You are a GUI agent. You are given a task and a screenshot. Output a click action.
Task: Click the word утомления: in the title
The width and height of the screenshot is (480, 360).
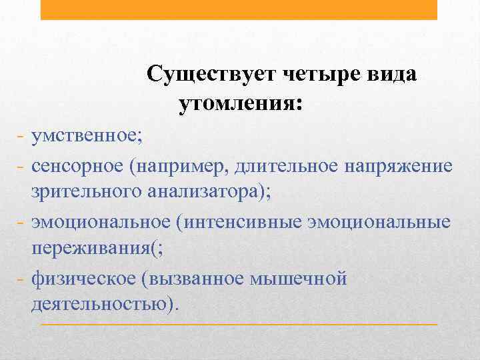tap(240, 103)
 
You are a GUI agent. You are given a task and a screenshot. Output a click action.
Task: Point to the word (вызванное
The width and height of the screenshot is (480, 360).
tap(191, 277)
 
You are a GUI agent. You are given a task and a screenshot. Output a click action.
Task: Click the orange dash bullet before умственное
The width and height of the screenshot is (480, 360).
tap(19, 137)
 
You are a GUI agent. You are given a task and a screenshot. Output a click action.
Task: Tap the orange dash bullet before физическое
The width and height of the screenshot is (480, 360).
tap(19, 279)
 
